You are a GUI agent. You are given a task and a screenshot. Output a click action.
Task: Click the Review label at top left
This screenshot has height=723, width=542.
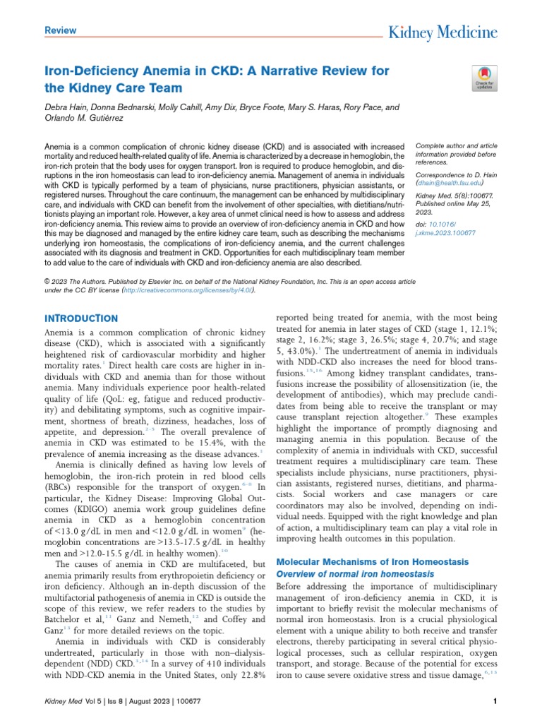point(60,30)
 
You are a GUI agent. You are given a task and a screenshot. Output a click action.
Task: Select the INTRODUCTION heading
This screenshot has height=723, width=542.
point(81,318)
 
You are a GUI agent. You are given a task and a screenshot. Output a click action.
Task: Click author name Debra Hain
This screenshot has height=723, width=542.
point(65,107)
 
